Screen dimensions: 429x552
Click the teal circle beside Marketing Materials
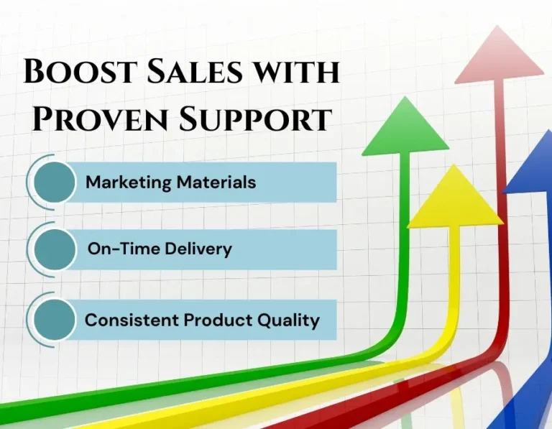tap(55, 182)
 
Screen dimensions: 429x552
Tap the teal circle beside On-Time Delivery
tap(55, 250)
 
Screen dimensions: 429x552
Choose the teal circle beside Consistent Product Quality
tap(55, 320)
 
